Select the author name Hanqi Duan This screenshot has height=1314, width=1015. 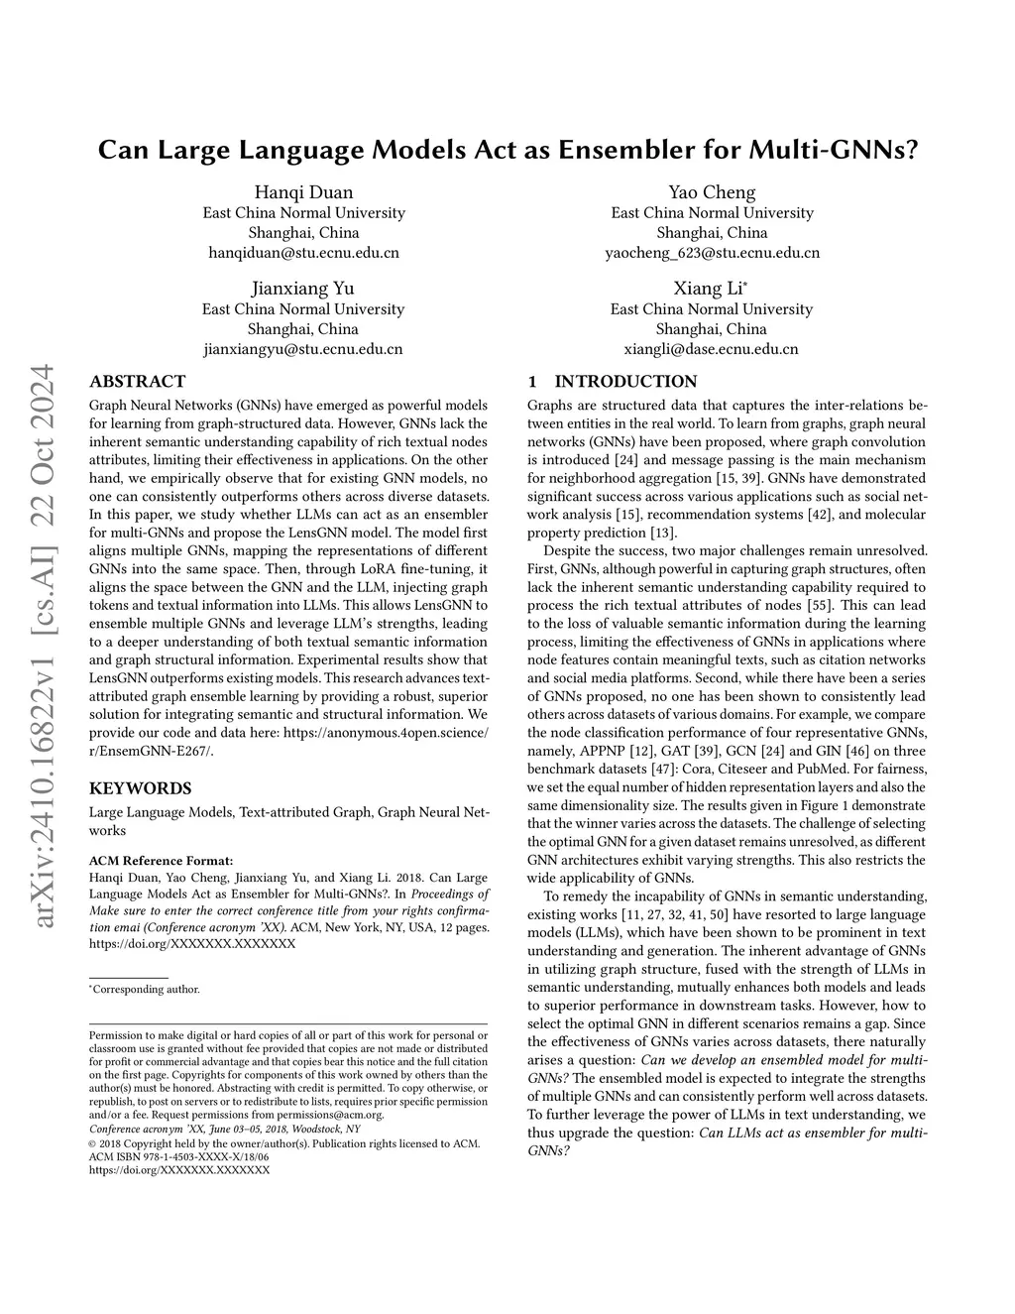303,192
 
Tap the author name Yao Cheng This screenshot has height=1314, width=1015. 712,192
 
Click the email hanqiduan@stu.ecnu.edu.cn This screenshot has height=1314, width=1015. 303,253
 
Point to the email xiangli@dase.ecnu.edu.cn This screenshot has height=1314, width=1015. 711,349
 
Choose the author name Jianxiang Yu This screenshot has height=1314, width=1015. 303,289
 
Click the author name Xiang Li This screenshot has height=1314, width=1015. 709,289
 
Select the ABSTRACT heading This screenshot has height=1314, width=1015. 137,381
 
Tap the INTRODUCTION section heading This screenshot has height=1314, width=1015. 624,381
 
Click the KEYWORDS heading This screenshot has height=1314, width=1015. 140,788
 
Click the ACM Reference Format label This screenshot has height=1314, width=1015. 161,860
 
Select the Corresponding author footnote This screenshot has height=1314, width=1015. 146,989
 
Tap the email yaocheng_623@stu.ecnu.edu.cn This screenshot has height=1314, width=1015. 712,253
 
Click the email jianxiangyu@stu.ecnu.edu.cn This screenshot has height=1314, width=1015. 303,349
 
